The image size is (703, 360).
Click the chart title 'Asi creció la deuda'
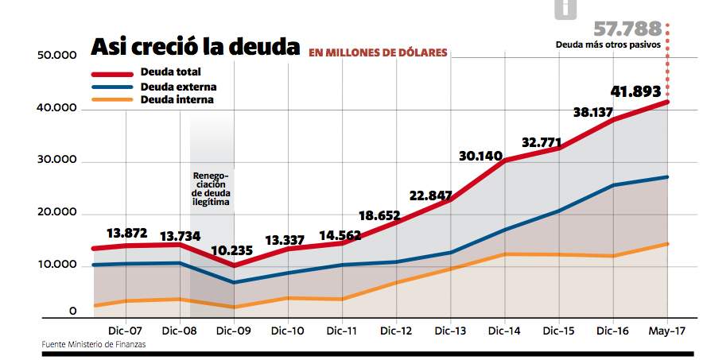pos(195,48)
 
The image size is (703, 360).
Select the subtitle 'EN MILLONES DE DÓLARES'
pos(378,53)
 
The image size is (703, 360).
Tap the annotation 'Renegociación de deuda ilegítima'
pos(211,189)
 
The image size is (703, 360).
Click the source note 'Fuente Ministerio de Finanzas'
pos(94,344)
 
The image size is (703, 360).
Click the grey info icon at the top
pos(565,9)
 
